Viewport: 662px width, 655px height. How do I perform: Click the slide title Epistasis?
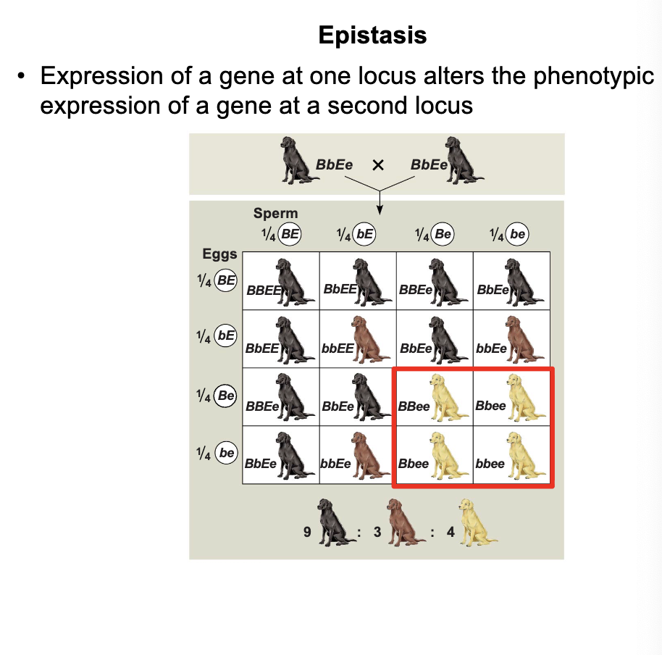tap(372, 35)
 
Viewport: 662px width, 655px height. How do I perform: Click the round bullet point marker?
tap(24, 76)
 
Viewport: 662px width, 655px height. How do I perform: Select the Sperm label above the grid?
tap(275, 214)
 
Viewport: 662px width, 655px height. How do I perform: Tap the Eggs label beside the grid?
tap(219, 254)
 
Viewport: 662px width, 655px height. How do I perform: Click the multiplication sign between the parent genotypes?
tap(377, 165)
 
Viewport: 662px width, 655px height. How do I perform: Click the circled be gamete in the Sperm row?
tap(518, 234)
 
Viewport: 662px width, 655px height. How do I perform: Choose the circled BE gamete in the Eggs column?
tap(227, 281)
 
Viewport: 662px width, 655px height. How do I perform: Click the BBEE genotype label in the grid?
tap(262, 291)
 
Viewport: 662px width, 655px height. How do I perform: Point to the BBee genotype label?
tap(414, 406)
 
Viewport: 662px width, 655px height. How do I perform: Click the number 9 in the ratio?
tap(308, 533)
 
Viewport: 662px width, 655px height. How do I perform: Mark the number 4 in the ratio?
tap(450, 533)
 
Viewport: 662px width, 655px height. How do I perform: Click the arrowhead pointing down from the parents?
tap(379, 211)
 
